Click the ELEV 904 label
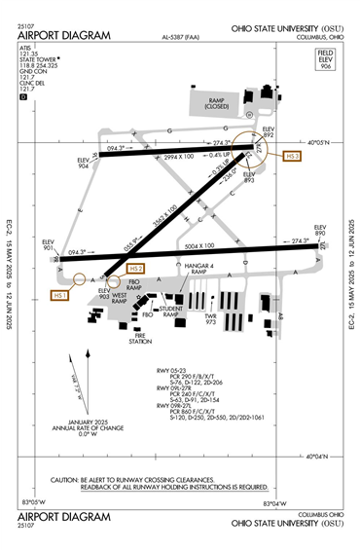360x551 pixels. tap(85, 163)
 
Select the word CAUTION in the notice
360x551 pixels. tap(66, 480)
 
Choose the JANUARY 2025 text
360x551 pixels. tap(84, 421)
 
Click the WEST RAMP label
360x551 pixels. tap(122, 298)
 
